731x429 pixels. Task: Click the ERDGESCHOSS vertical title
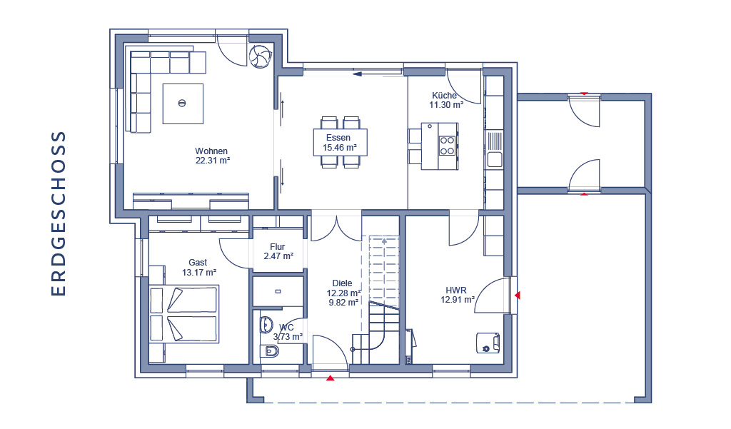[x=59, y=213]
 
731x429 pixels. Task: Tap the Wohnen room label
[x=211, y=151]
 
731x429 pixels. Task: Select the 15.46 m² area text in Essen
[x=340, y=148]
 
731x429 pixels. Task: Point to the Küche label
[x=444, y=96]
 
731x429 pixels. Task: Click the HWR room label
[x=456, y=290]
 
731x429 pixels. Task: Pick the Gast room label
[x=198, y=263]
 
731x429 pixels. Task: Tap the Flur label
[x=278, y=247]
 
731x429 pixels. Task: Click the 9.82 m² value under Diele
[x=343, y=302]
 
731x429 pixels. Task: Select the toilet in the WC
[x=269, y=350]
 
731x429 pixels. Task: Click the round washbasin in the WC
[x=267, y=325]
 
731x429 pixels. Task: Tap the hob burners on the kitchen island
[x=447, y=146]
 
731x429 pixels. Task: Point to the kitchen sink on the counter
[x=494, y=149]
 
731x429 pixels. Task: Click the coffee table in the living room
[x=183, y=104]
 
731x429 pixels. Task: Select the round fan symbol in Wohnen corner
[x=260, y=57]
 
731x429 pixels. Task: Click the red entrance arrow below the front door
[x=330, y=378]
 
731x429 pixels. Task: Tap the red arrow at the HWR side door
[x=517, y=296]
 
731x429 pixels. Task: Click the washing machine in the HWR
[x=488, y=343]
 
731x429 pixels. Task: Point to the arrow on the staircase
[x=384, y=241]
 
